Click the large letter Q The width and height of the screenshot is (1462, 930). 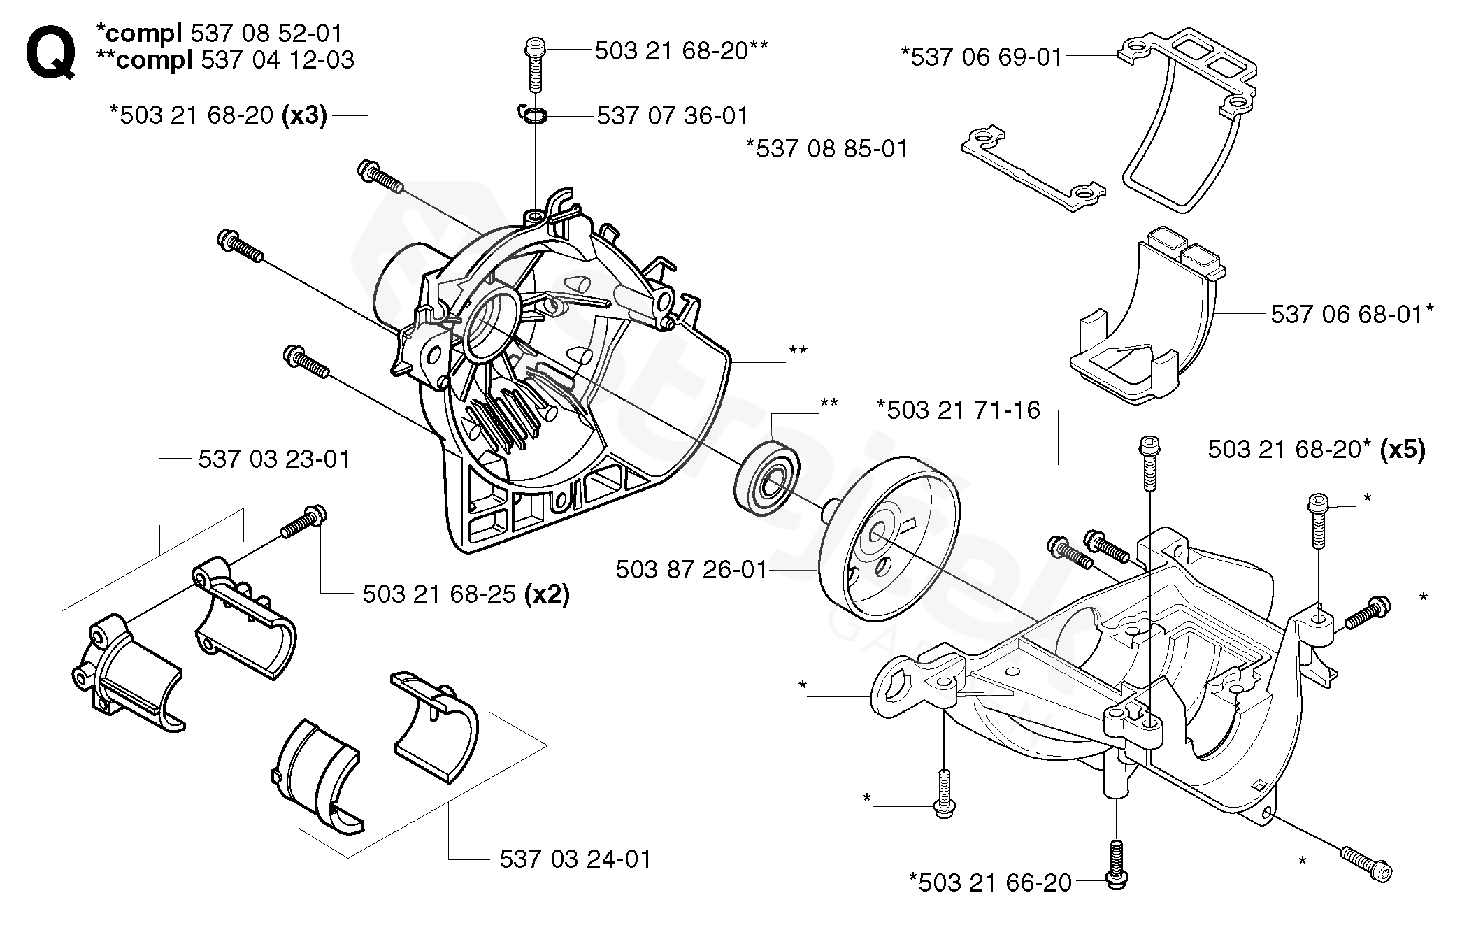pos(50,52)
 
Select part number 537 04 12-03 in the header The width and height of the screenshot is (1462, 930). pos(277,60)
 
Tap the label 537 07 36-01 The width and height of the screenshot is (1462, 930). pos(672,115)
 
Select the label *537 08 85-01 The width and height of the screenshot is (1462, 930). pos(826,148)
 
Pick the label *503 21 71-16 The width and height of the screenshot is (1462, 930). pos(959,410)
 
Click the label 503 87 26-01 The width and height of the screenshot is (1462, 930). pos(691,570)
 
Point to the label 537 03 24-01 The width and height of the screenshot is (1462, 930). pos(575,859)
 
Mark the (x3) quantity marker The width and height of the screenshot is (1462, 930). pos(303,115)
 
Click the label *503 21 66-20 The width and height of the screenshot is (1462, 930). pos(990,882)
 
